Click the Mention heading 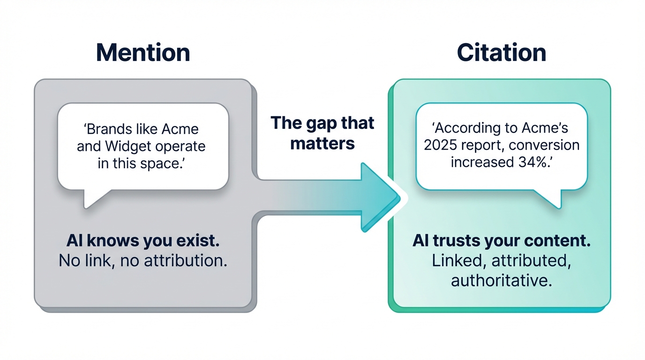pos(143,53)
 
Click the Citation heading pos(501,53)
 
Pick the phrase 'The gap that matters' pos(322,133)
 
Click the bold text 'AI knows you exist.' pos(142,241)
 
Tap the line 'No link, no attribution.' pos(142,261)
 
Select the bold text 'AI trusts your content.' pos(501,241)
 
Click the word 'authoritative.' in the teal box pos(501,280)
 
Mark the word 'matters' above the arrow pos(322,142)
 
